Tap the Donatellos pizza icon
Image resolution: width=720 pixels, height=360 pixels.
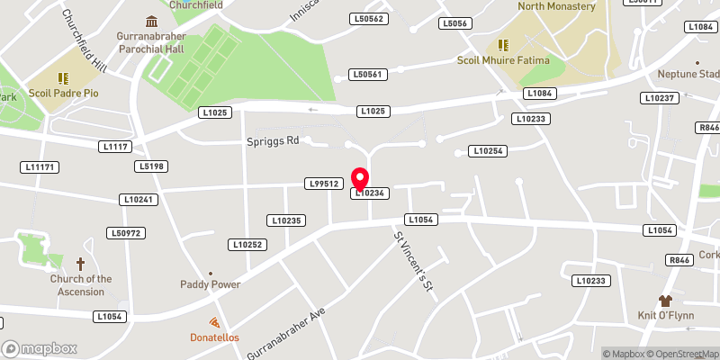coord(214,322)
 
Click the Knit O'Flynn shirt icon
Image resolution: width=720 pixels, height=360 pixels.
coord(665,301)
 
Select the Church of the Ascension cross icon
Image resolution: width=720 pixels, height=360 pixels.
coord(80,264)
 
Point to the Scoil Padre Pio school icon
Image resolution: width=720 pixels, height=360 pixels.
coord(63,79)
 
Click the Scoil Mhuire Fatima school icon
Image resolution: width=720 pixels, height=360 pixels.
coord(504,44)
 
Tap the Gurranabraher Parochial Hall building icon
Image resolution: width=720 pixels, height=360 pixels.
coord(150,21)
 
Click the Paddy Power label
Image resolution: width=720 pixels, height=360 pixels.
coord(210,284)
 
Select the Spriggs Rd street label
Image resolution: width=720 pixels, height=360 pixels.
coord(273,141)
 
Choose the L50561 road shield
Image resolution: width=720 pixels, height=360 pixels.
coord(368,75)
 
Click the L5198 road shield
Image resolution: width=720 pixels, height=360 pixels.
coord(151,166)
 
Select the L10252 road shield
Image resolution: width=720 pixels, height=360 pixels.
coord(247,245)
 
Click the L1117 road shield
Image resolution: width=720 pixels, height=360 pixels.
coord(117,146)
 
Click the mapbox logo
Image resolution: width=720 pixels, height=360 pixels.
coord(40,348)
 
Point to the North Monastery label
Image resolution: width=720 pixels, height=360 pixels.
coord(557,6)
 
